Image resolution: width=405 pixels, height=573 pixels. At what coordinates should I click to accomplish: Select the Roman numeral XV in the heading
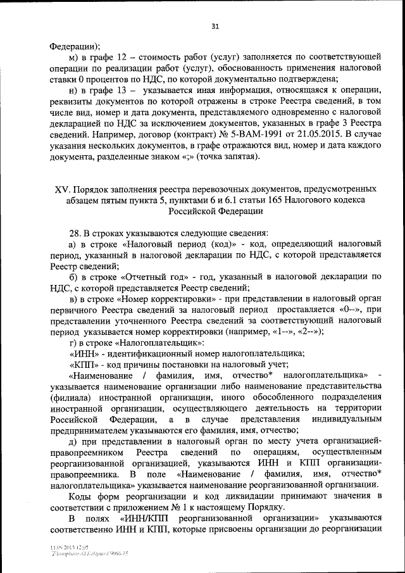(x=61, y=189)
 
